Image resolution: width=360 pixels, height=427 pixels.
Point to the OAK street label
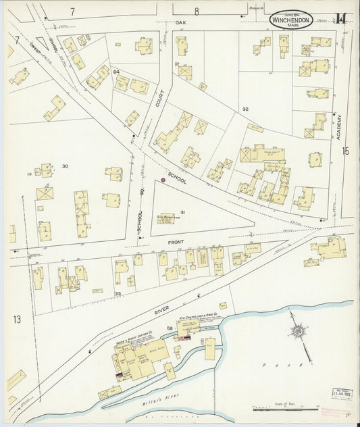coord(180,22)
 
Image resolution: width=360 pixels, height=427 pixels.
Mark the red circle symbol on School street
coord(163,180)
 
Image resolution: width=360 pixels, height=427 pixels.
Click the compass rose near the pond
coord(296,332)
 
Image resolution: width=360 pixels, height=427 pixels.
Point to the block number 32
coord(245,109)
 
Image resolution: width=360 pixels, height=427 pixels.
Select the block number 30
coord(66,166)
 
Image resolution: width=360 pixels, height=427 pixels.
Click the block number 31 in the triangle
coord(182,212)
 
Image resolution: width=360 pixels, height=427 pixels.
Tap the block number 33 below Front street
coord(118,293)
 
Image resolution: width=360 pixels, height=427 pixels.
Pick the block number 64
coord(116,71)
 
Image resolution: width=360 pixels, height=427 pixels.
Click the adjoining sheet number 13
coord(17,318)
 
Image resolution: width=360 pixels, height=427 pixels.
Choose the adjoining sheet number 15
coord(346,151)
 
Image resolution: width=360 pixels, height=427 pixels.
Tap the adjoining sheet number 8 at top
coord(197,10)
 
